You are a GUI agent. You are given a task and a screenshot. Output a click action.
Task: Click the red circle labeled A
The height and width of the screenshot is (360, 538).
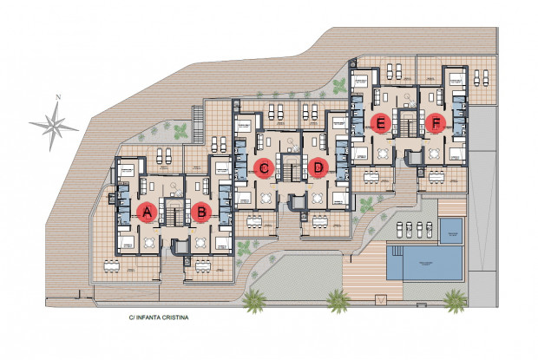[x=147, y=211]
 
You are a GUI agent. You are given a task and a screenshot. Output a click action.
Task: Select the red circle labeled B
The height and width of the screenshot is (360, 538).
[x=201, y=211]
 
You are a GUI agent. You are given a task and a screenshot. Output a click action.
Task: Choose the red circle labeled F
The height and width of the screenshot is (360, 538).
[x=435, y=123]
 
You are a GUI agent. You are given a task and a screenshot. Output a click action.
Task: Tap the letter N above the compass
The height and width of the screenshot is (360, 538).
[x=58, y=97]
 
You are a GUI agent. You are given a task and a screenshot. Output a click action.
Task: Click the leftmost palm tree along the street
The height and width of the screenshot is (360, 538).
[x=253, y=301]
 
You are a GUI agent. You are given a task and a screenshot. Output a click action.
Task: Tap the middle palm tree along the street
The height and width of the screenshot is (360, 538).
[x=338, y=301]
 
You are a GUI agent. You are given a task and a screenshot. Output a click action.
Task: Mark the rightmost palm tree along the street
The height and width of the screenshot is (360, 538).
[x=455, y=300]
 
